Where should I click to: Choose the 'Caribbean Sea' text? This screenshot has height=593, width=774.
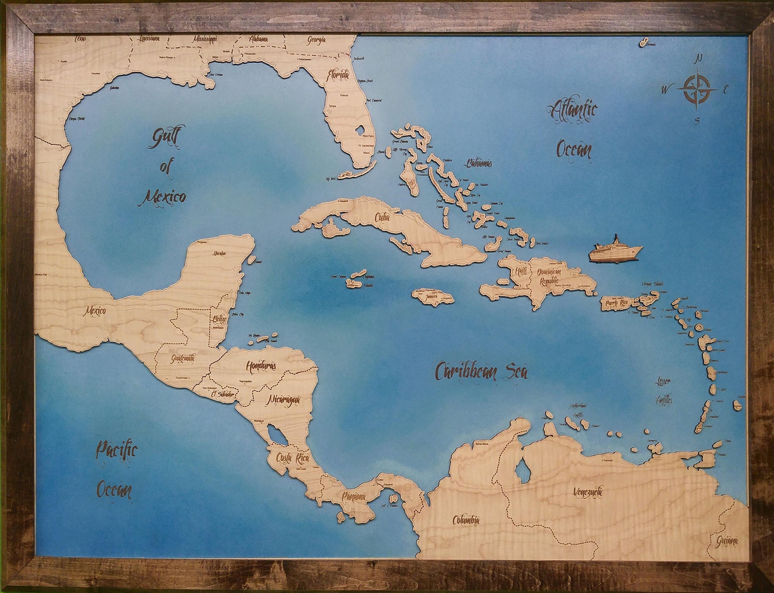[x=482, y=372]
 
